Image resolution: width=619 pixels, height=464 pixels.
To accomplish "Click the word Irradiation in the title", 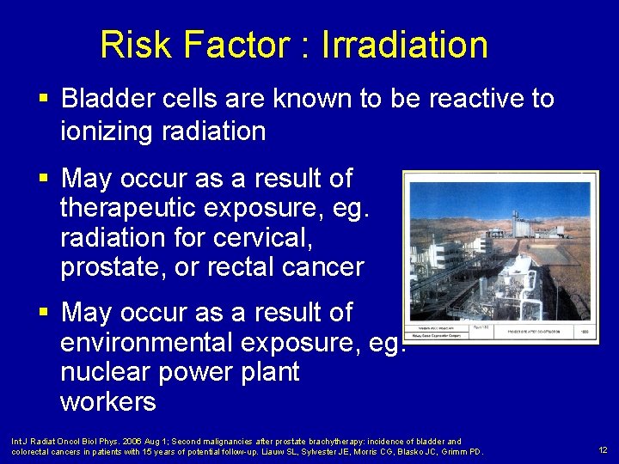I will tap(405, 45).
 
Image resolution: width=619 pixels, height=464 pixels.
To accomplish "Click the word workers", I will tap(108, 401).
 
